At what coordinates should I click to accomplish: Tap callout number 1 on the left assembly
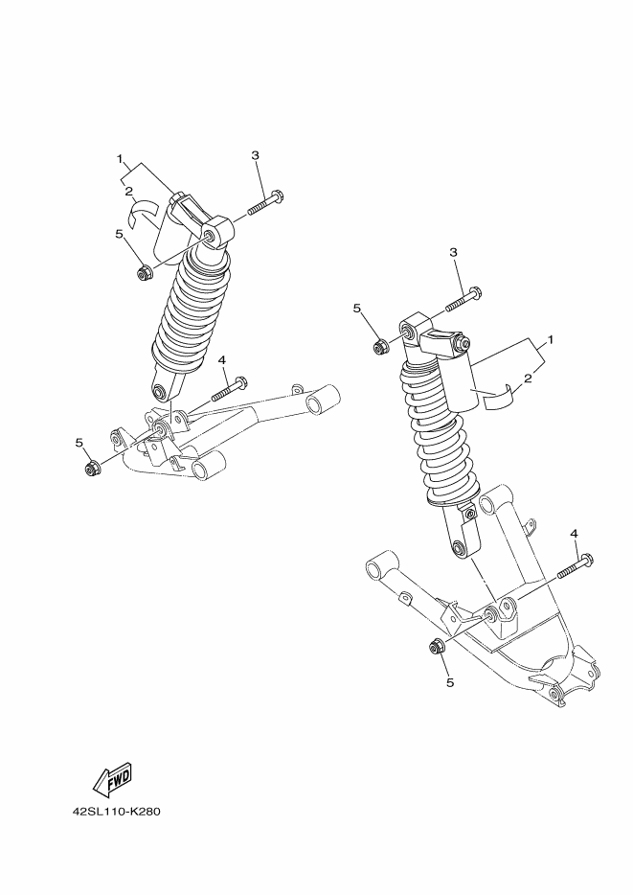120,158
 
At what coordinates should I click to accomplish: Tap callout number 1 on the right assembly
552,340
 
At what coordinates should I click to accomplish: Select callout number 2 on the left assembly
127,191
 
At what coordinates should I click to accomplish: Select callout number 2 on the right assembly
528,379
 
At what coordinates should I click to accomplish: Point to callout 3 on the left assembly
256,155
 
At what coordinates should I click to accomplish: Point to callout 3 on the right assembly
455,251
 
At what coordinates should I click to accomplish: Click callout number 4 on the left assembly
221,359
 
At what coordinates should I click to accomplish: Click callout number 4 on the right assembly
575,533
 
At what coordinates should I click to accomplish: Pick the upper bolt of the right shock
463,300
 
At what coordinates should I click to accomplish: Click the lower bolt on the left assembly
229,390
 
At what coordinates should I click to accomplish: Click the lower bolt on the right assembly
571,565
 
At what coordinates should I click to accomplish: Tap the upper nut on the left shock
145,274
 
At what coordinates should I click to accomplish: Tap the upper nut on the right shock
380,344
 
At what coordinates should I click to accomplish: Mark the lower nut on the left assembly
93,468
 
